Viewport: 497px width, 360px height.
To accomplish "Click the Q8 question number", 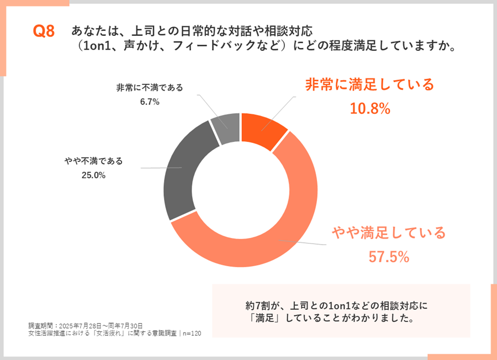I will coord(44,31).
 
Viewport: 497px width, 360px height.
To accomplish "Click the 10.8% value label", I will coord(370,109).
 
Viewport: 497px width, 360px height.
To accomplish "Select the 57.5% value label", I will coord(389,256).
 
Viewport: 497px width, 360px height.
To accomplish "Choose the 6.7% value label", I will coord(150,102).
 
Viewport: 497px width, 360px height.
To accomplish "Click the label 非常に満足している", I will coord(370,84).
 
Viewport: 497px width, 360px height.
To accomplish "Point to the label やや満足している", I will coord(389,232).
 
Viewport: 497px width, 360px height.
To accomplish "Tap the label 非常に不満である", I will coord(150,87).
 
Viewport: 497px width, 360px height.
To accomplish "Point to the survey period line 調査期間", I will coord(86,325).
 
